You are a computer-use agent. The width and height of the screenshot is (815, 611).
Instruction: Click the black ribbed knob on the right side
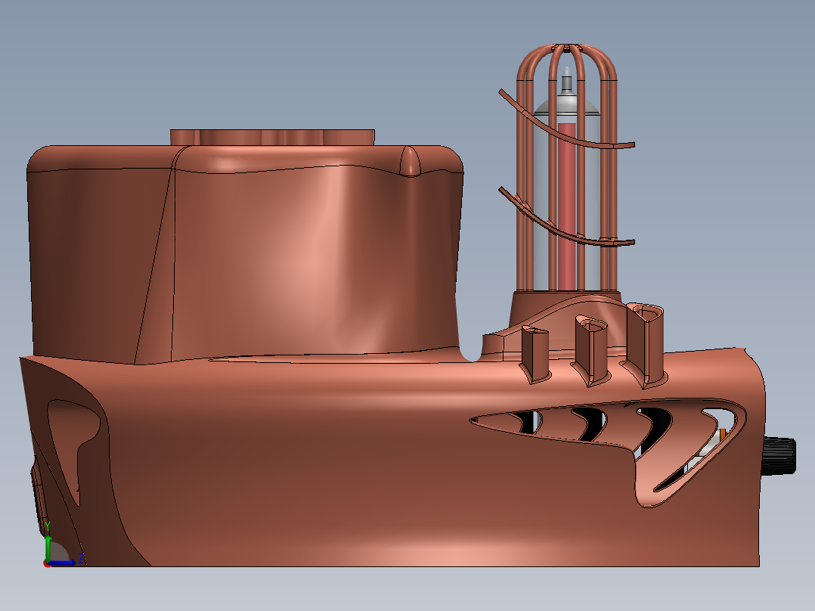click(780, 456)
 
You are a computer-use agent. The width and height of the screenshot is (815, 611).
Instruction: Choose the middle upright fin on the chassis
click(590, 350)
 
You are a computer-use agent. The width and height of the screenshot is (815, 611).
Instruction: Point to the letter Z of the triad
click(80, 560)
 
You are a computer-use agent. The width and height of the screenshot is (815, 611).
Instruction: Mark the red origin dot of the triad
click(48, 563)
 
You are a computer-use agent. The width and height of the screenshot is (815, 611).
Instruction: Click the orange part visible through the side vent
click(722, 434)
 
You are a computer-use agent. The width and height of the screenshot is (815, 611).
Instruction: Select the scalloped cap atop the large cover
click(272, 137)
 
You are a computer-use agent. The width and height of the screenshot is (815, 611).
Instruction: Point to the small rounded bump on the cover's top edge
click(409, 161)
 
